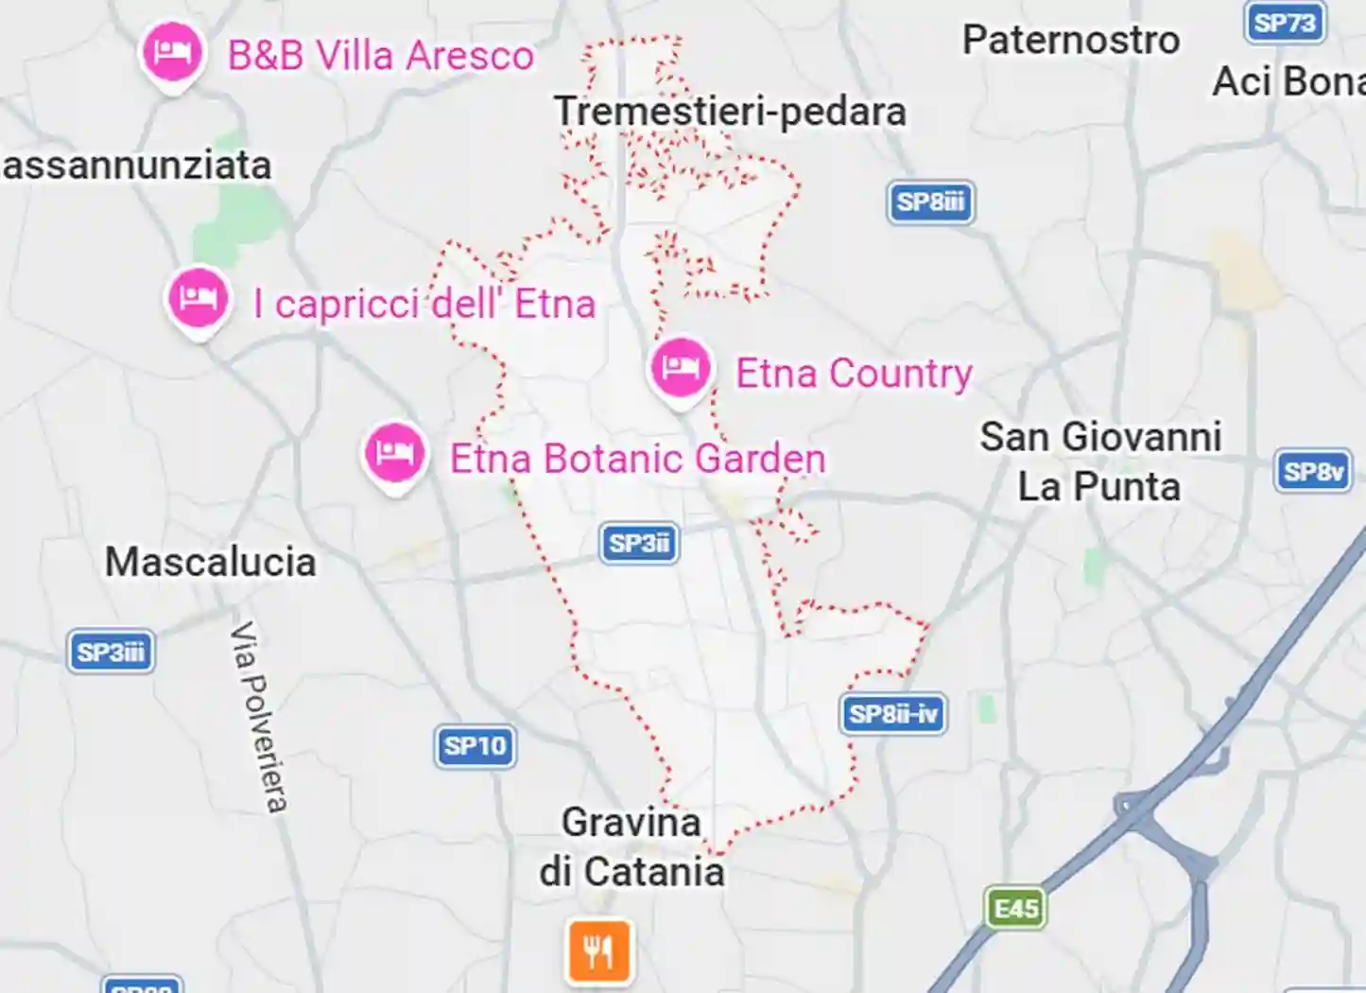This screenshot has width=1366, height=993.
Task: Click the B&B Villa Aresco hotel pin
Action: click(x=172, y=52)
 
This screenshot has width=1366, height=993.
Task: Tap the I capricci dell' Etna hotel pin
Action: click(x=199, y=298)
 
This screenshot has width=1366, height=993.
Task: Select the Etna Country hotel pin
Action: click(x=680, y=368)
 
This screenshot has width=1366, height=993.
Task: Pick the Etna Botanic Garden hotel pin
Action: click(x=394, y=454)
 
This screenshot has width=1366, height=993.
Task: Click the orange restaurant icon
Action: click(x=599, y=949)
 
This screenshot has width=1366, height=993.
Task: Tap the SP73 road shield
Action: click(x=1285, y=22)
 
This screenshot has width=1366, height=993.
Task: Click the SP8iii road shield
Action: click(x=930, y=201)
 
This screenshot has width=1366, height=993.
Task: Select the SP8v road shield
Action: click(x=1313, y=471)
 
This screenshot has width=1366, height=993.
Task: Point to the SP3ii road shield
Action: click(x=639, y=543)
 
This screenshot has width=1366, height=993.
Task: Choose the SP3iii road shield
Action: click(x=111, y=652)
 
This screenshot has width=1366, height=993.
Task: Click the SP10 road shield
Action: click(x=476, y=745)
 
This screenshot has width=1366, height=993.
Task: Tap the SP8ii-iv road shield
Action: click(x=892, y=713)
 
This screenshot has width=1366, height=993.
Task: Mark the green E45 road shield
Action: click(x=1016, y=908)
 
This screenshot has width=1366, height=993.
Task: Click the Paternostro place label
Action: click(x=1071, y=41)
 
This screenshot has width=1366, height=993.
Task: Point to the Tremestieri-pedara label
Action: click(x=730, y=112)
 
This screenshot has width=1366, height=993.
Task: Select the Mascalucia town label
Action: click(x=210, y=562)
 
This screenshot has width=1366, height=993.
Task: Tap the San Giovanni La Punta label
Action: click(x=1099, y=462)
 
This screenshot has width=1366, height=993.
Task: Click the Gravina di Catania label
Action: click(x=631, y=846)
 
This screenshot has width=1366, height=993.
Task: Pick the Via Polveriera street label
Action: click(x=259, y=716)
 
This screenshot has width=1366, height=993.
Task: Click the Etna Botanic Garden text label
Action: click(x=637, y=459)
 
